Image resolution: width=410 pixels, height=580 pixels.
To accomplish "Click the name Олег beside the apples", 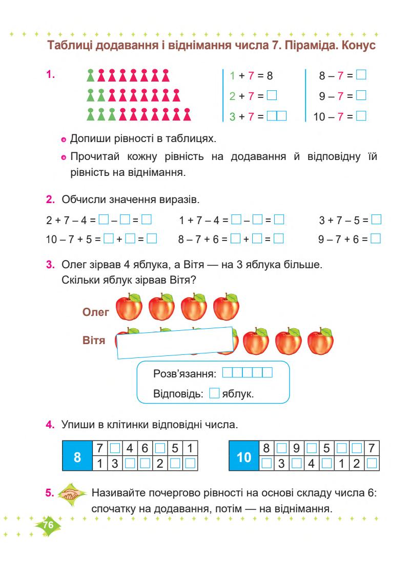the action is (96, 312).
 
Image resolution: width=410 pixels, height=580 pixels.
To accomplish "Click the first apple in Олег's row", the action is (129, 307).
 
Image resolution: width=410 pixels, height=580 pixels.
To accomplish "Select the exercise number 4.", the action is (50, 425).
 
